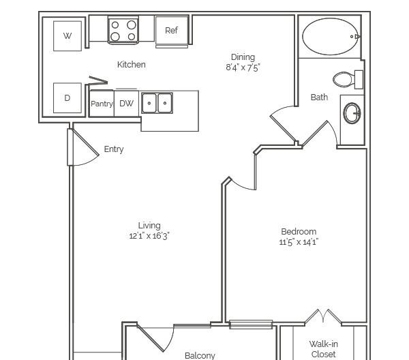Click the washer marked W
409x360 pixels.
67,35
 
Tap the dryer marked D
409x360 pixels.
67,97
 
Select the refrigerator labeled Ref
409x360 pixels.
172,31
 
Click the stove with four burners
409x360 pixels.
123,30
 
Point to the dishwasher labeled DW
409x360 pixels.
126,104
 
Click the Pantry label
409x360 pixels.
102,104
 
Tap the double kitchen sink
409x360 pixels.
157,103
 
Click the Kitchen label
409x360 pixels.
131,65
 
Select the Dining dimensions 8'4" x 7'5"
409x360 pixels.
243,67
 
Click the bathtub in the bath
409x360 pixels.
330,37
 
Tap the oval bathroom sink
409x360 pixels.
352,113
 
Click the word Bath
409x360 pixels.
319,97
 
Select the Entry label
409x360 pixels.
114,149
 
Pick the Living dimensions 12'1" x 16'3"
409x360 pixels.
149,236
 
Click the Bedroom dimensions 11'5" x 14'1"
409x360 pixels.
299,242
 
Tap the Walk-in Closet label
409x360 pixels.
323,349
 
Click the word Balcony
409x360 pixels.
200,355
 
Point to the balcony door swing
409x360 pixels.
155,338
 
